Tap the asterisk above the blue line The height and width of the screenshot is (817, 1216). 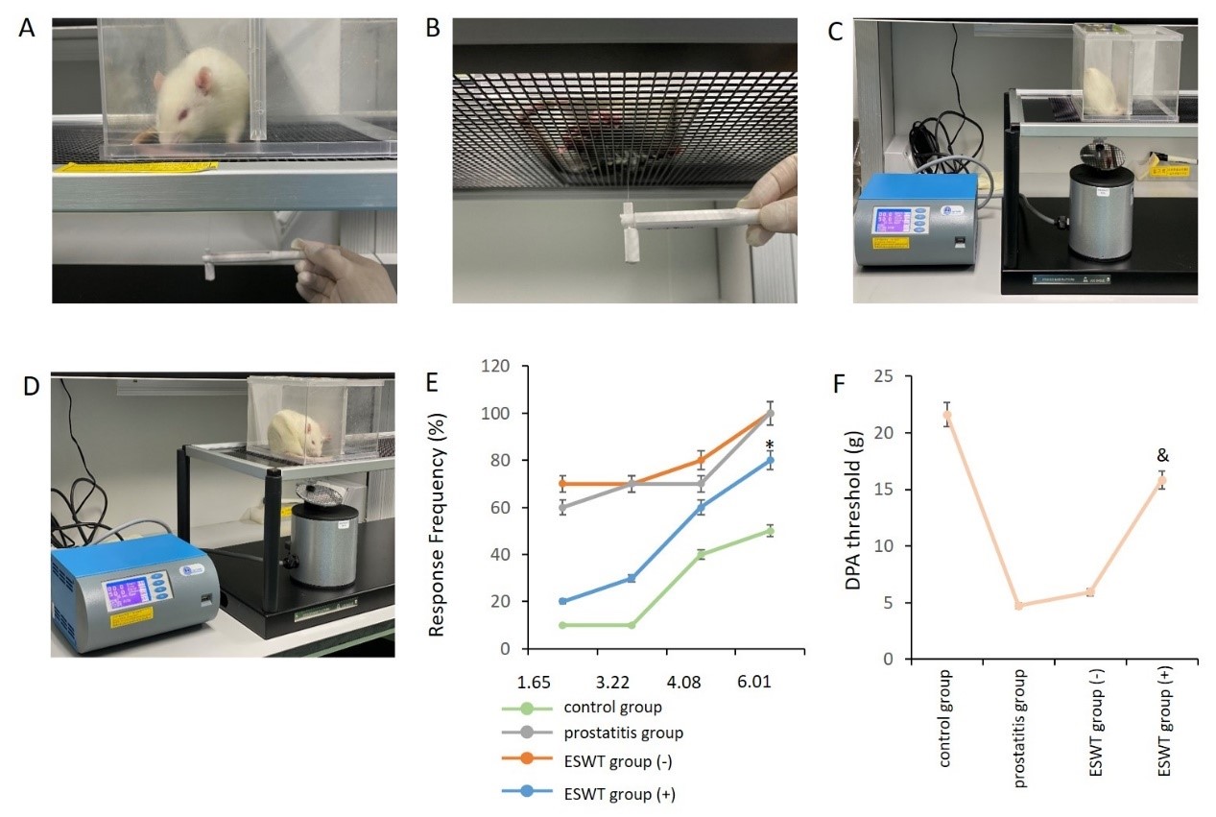click(x=770, y=445)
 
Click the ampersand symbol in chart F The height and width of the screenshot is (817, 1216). click(x=1162, y=457)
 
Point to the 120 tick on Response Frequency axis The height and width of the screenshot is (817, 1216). click(x=498, y=368)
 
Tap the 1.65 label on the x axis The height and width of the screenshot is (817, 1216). click(x=535, y=684)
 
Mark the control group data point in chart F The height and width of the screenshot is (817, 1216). click(x=947, y=417)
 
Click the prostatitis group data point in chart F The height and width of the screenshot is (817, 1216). click(x=1018, y=606)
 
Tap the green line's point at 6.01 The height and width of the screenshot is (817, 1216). click(x=770, y=531)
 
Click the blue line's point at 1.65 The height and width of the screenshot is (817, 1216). click(x=561, y=602)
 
